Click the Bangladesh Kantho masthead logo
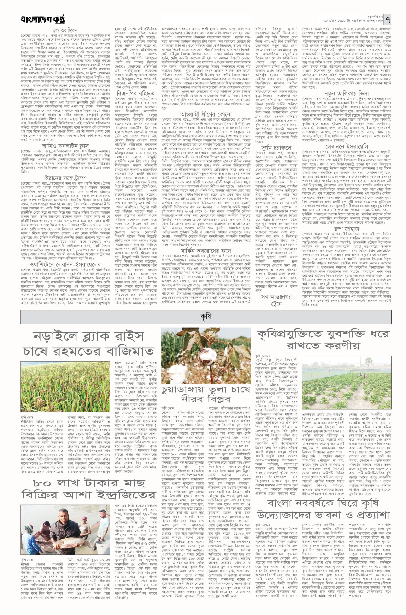43,19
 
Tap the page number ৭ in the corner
388,19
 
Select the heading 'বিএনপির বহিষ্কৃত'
135,93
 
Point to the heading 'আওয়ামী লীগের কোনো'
206,114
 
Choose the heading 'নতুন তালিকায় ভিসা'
347,93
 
